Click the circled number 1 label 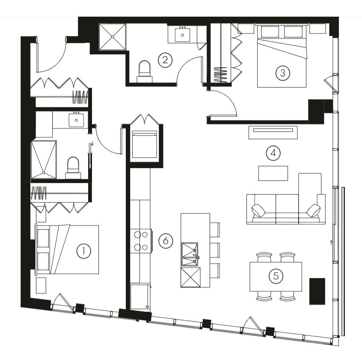83,251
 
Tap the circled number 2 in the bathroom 165,60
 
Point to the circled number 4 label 273,153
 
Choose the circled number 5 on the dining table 276,276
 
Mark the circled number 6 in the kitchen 166,241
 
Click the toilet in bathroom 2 145,72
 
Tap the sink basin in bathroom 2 182,35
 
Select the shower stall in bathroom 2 113,36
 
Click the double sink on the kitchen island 190,254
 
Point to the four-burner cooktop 141,241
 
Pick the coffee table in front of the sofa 273,173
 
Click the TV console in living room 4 273,133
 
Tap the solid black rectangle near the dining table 317,291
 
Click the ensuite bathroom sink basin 76,120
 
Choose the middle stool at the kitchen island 215,250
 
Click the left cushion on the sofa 258,210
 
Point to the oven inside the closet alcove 144,144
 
